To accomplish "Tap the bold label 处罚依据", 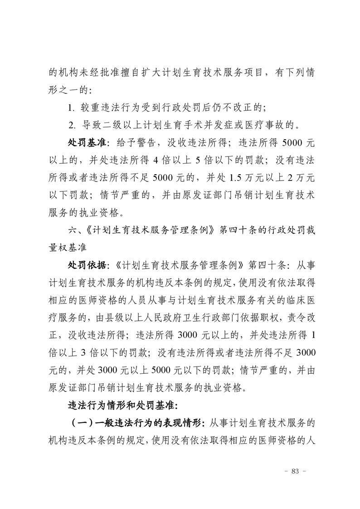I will (x=87, y=264).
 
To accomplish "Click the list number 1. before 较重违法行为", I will (x=71, y=107).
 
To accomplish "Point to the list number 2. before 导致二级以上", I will (x=72, y=124).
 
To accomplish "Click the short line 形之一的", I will (x=66, y=90).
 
